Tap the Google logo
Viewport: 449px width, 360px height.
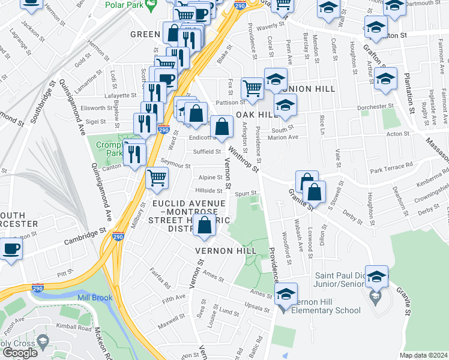pyautogui.click(x=20, y=353)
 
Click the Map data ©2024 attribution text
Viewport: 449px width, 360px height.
pyautogui.click(x=423, y=355)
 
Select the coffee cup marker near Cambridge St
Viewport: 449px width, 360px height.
pyautogui.click(x=11, y=248)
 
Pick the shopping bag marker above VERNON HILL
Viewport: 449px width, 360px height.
pyautogui.click(x=205, y=226)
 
